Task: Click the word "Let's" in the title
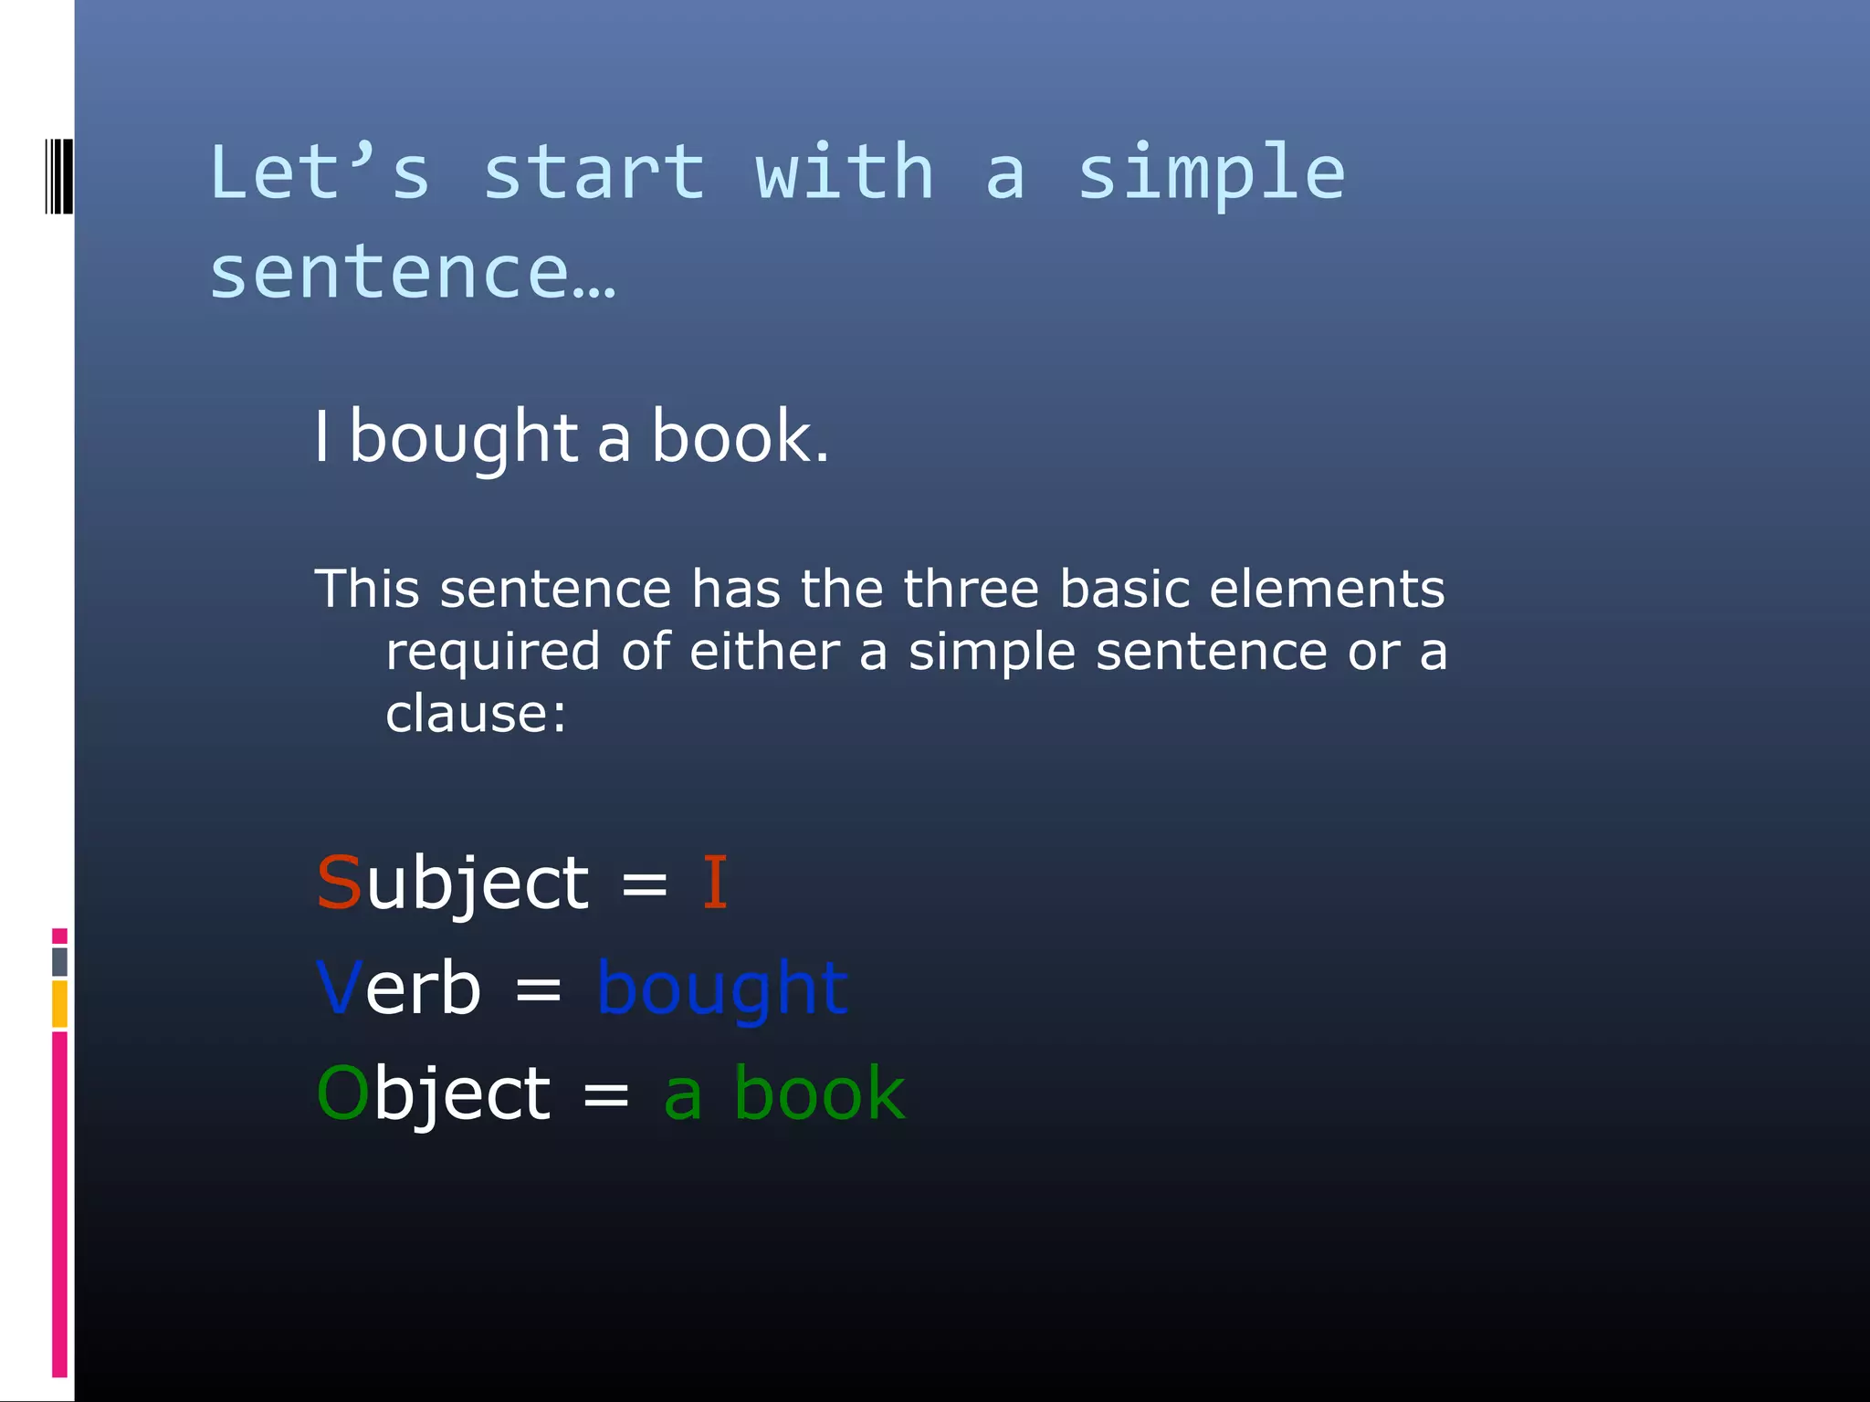(319, 173)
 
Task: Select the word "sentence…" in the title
(413, 272)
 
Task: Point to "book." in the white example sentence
(740, 438)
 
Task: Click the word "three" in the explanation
(971, 589)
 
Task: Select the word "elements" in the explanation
(1327, 589)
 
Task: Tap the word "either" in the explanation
(764, 652)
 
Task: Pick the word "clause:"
(476, 714)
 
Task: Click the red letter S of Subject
(339, 884)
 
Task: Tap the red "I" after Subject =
(714, 884)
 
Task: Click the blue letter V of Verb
(339, 989)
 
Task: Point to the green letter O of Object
(342, 1093)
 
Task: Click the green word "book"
(819, 1093)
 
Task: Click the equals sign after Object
(605, 1094)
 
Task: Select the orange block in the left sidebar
(59, 1004)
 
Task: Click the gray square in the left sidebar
(59, 961)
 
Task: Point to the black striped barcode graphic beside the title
(58, 176)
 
